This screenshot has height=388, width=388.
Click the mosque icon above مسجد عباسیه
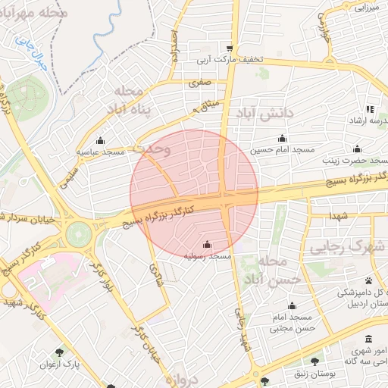point(100,140)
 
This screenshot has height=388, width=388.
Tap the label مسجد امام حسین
point(282,151)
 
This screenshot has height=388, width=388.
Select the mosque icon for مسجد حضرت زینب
point(357,149)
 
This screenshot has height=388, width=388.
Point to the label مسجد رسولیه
point(208,257)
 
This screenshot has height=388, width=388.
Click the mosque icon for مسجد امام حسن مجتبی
point(292,306)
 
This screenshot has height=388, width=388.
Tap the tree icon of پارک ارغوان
point(60,352)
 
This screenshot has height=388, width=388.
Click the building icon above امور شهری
point(368,338)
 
